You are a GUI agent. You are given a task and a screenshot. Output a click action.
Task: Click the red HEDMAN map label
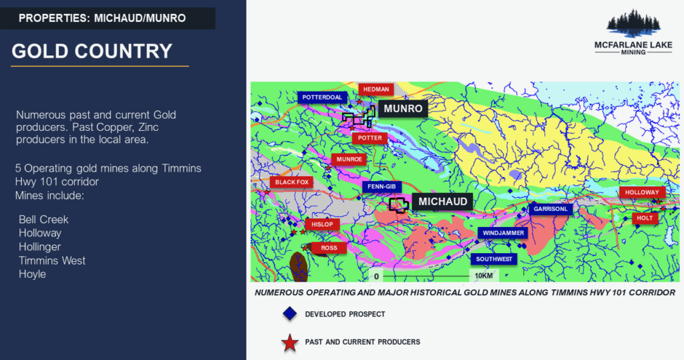(x=376, y=89)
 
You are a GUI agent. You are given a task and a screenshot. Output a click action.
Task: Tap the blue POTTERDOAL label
(x=323, y=98)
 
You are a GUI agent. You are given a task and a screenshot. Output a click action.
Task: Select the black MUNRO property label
(x=403, y=109)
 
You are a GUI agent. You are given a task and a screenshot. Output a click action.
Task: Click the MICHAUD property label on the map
(x=442, y=202)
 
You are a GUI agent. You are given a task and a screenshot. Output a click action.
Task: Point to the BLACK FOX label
(x=291, y=182)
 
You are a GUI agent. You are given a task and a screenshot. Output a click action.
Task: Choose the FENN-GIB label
(x=381, y=187)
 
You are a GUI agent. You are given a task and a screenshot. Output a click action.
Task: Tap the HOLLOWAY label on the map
(x=642, y=192)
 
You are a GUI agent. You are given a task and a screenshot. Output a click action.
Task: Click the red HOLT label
(x=645, y=218)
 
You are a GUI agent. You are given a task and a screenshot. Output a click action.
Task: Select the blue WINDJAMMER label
(x=503, y=233)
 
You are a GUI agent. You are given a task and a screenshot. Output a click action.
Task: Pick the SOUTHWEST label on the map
(x=494, y=259)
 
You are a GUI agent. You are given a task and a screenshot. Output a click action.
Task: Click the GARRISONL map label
(x=550, y=209)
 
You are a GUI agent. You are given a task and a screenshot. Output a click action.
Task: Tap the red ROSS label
(x=329, y=248)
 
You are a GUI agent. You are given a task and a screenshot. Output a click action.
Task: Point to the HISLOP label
(x=322, y=224)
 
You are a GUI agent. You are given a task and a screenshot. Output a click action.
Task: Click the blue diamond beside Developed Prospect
(x=290, y=313)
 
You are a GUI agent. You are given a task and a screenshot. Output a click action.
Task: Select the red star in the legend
(x=290, y=343)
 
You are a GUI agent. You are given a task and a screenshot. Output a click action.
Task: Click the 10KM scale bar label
(x=484, y=276)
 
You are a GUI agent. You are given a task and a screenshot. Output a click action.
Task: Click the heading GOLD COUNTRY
(x=92, y=51)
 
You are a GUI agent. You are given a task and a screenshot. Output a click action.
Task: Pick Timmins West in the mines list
(x=52, y=260)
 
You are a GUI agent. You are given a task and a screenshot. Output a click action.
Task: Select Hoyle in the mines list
(x=32, y=274)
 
